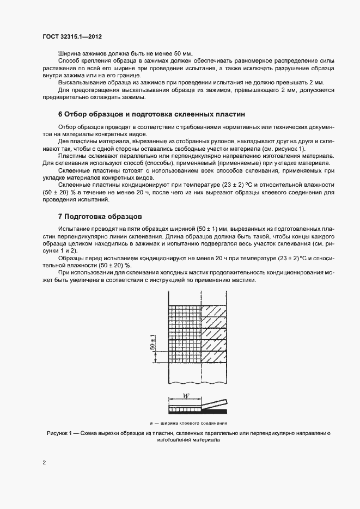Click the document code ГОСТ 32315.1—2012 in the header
[x=72, y=36]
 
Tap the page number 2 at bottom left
[x=44, y=463]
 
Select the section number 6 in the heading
[x=60, y=114]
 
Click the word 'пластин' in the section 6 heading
[x=231, y=114]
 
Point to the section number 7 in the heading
[x=60, y=216]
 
